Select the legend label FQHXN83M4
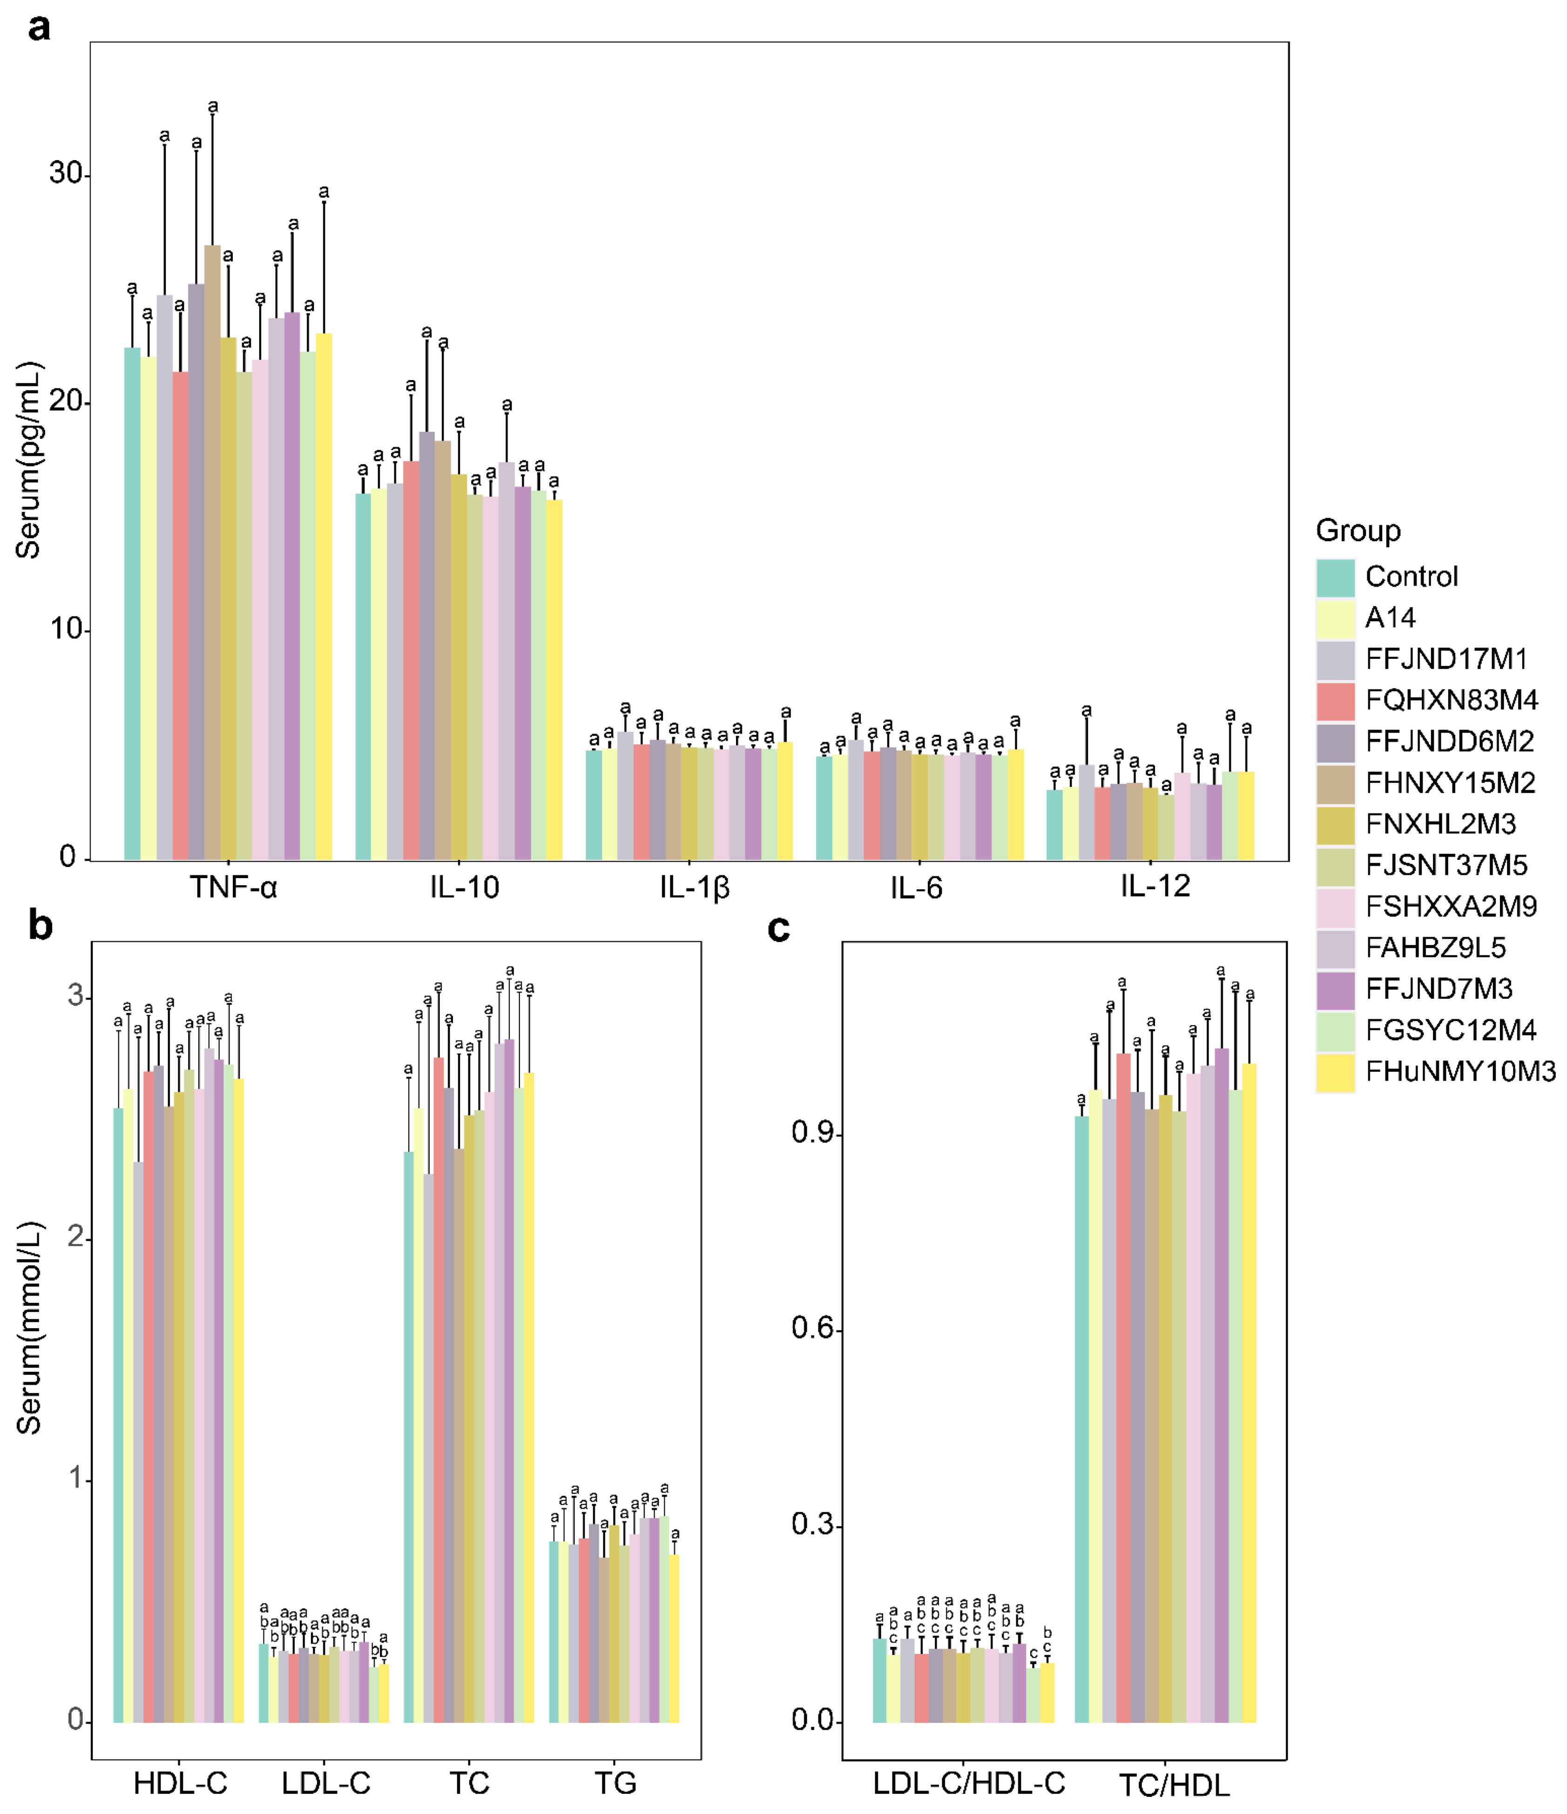point(1451,700)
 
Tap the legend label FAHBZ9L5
point(1435,947)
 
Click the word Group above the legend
point(1358,531)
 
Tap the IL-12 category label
point(1155,887)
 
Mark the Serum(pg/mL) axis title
point(29,460)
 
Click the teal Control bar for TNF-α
point(132,604)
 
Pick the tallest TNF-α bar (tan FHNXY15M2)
point(212,551)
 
